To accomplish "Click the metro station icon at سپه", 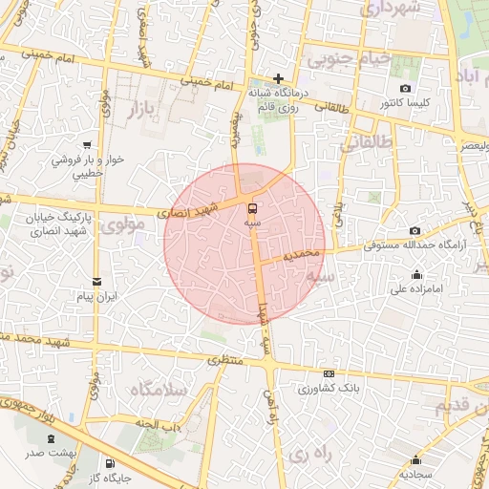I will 252,207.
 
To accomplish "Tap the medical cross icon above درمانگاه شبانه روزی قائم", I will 278,78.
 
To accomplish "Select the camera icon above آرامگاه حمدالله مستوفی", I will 414,231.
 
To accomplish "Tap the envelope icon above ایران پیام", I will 96,281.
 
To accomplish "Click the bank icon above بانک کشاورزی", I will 330,373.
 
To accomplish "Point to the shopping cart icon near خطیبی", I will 88,145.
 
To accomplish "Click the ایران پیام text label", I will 96,297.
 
